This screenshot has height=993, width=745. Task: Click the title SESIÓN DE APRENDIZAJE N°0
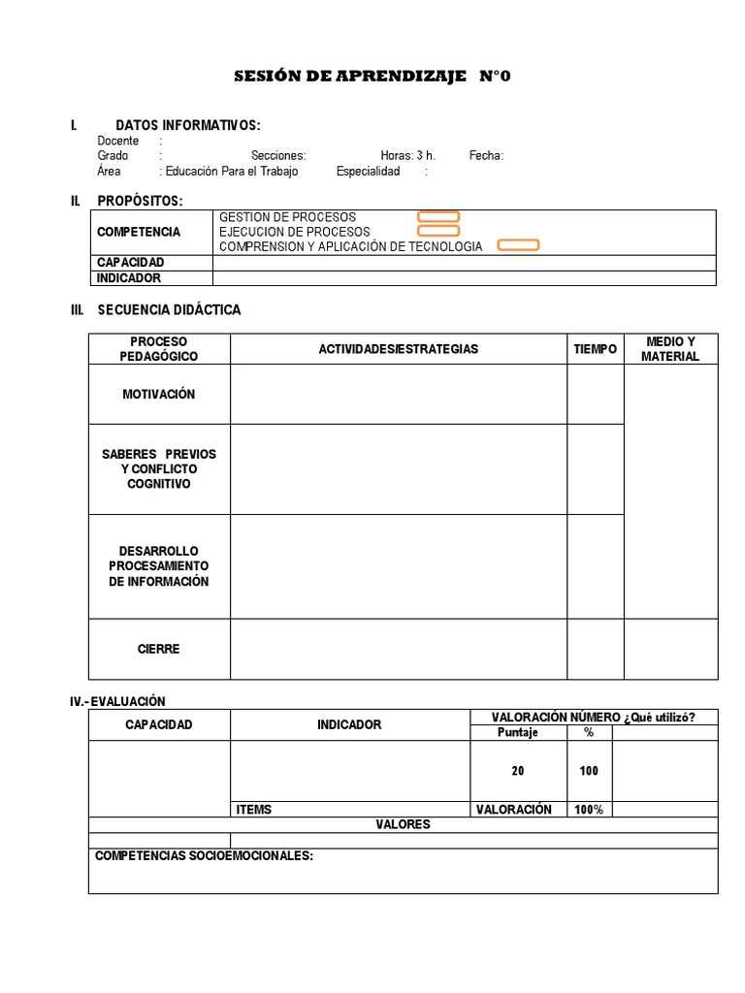372,77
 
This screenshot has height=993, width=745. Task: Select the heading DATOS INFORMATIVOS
187,125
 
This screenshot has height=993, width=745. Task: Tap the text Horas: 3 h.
407,155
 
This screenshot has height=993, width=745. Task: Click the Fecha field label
486,155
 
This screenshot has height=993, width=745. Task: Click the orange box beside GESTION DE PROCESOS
438,217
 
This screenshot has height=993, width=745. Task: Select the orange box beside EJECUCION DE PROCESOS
438,232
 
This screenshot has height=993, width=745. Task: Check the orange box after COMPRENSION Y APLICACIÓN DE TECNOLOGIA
518,246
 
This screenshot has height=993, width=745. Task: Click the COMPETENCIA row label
139,232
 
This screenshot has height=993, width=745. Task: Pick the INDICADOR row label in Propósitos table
129,278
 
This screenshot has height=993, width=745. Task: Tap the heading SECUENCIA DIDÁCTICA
169,310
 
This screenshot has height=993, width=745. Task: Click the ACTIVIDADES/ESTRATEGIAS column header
399,349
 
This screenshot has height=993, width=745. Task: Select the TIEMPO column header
595,349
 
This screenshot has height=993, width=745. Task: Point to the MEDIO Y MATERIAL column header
669,349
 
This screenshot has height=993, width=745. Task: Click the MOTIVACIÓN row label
158,395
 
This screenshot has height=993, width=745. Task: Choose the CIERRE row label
158,649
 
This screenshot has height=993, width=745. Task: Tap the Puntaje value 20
517,771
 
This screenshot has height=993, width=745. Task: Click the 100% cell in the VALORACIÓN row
588,810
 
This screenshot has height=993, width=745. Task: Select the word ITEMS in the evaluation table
254,810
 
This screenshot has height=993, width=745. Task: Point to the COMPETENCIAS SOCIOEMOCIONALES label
204,855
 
